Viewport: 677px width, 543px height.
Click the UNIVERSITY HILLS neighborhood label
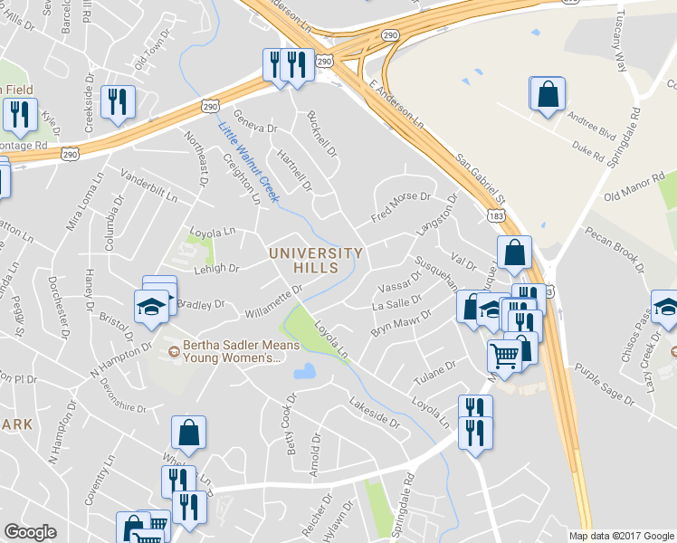click(316, 261)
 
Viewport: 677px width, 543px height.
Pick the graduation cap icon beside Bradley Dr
click(151, 308)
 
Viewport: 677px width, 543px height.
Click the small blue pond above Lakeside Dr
click(304, 371)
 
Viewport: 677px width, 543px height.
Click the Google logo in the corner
click(31, 532)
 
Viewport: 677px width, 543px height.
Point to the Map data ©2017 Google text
click(620, 536)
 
